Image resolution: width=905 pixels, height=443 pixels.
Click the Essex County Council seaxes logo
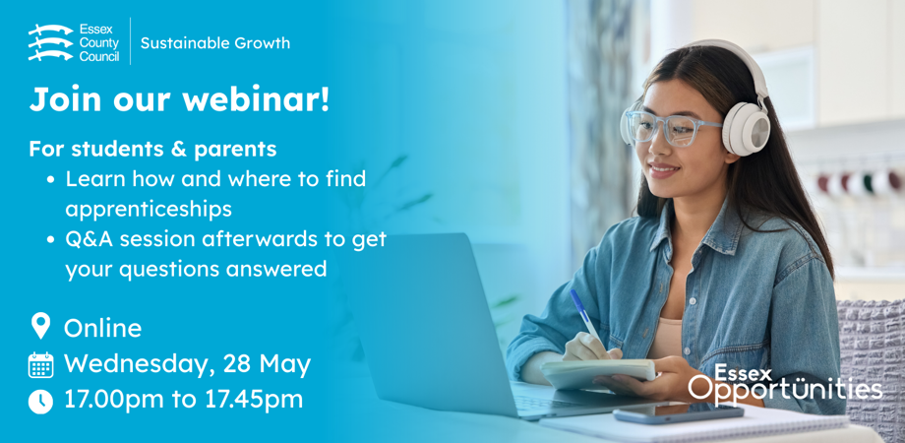tap(51, 42)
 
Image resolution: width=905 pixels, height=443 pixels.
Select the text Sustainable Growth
tap(215, 43)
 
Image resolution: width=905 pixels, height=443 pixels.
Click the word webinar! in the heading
tap(257, 99)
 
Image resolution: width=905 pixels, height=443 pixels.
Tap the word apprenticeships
tap(149, 209)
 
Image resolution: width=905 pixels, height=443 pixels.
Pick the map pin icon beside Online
tap(40, 326)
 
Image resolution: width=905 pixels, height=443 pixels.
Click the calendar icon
tap(40, 365)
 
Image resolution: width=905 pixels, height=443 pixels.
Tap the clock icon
tap(40, 402)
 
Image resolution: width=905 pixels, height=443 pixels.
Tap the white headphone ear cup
tap(747, 129)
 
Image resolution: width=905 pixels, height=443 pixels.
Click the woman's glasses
tap(671, 126)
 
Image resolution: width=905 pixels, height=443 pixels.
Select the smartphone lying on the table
tap(678, 413)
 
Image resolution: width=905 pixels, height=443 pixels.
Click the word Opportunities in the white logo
tap(785, 390)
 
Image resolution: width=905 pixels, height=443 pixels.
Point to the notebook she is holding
tap(598, 372)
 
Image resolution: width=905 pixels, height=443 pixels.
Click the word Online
tap(102, 328)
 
